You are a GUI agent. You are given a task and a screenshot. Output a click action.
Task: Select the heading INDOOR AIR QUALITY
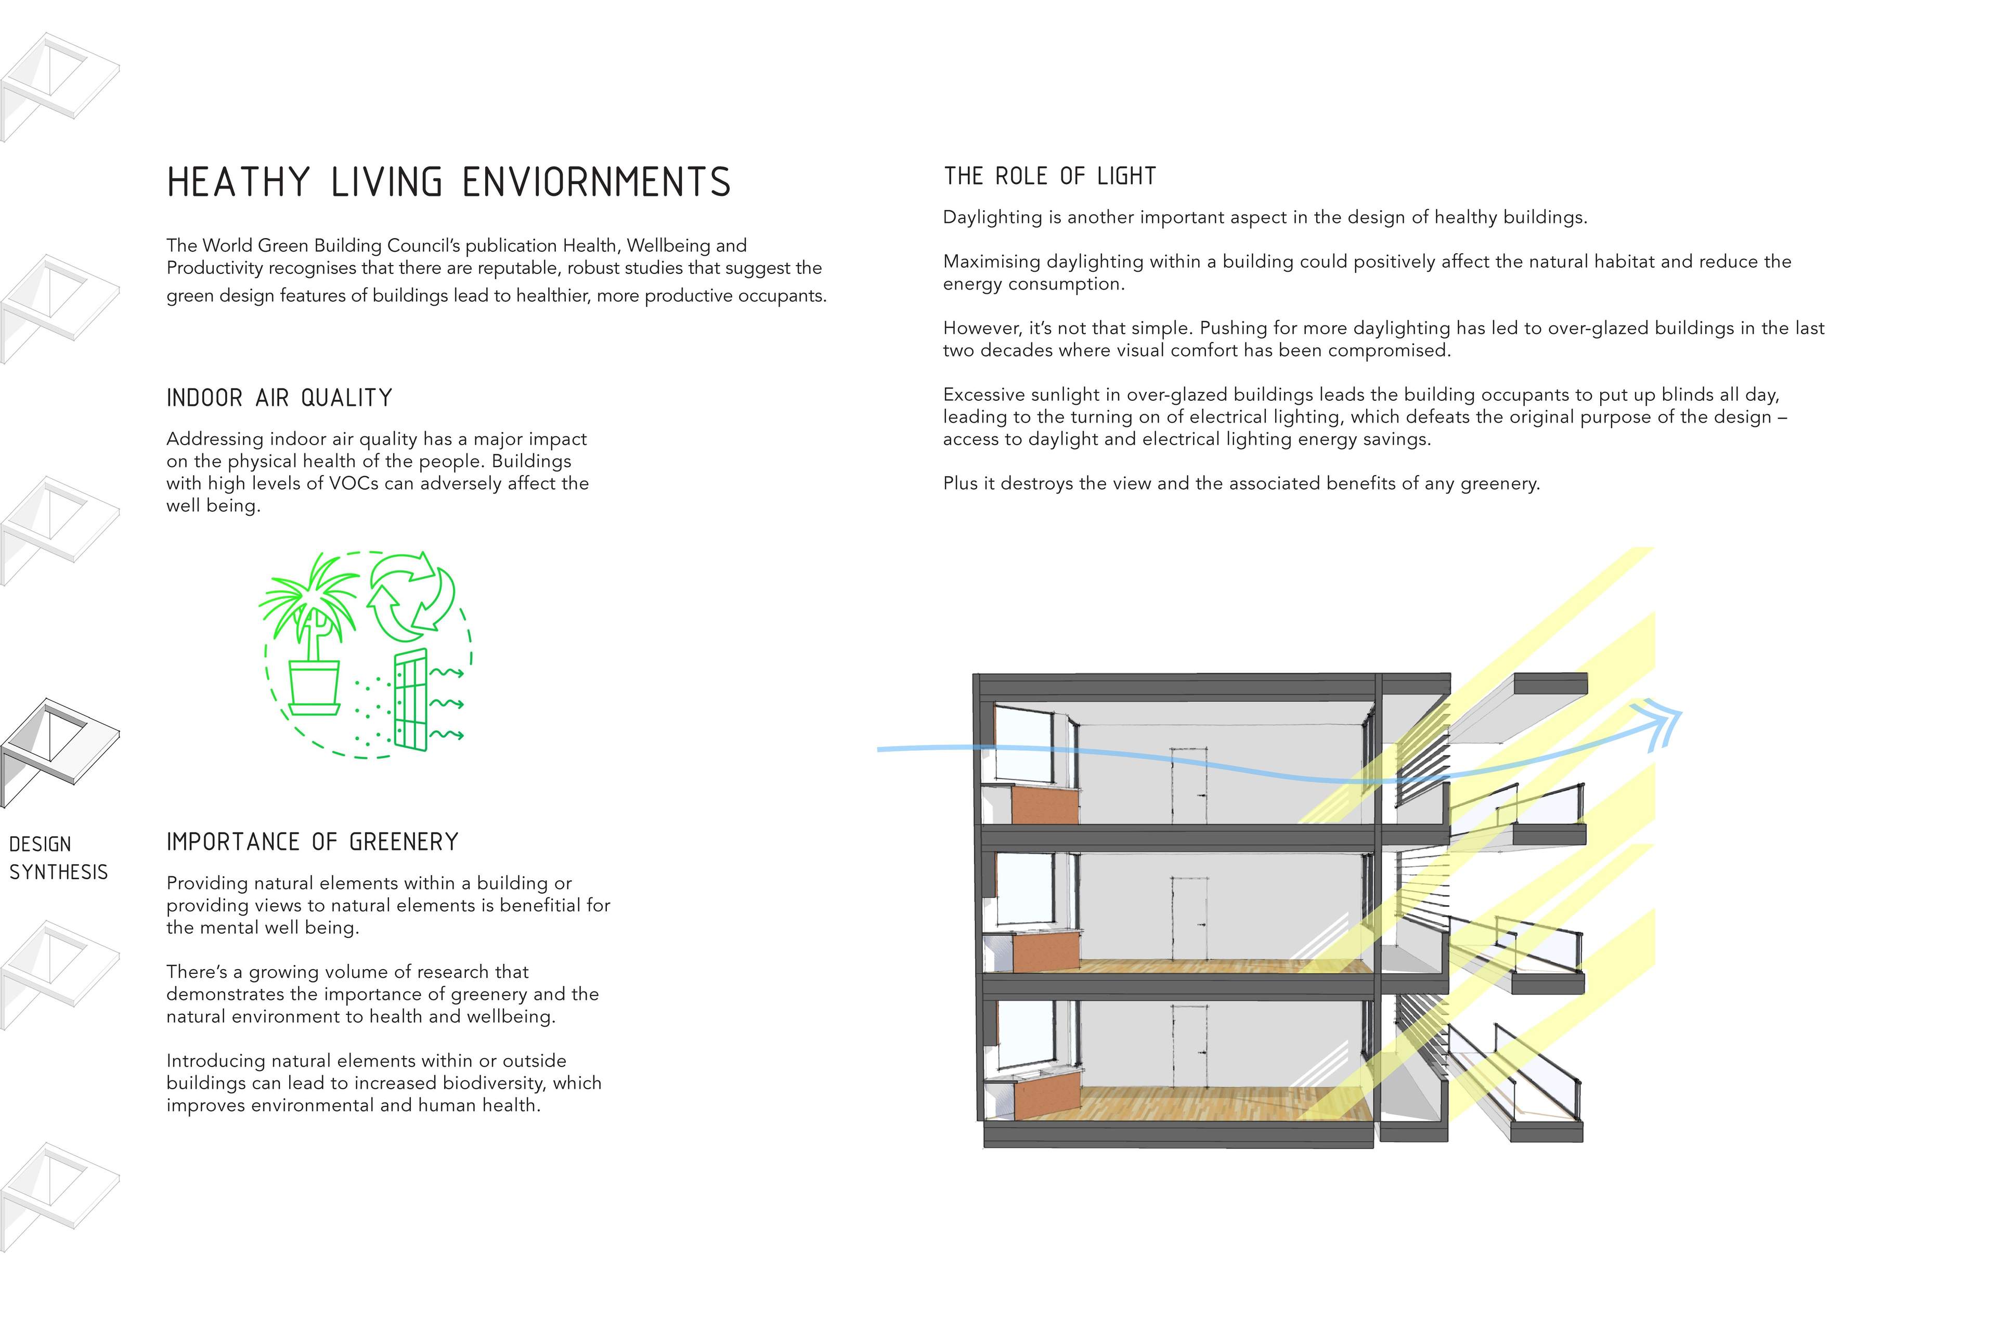279,398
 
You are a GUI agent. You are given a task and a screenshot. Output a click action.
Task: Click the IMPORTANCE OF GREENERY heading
313,842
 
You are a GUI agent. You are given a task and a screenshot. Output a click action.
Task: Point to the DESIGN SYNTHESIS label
59,858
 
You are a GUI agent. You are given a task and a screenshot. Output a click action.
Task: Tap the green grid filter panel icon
410,701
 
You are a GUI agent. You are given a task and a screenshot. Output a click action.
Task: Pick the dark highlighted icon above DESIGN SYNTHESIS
59,753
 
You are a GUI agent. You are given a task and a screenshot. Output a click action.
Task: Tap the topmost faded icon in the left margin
59,87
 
